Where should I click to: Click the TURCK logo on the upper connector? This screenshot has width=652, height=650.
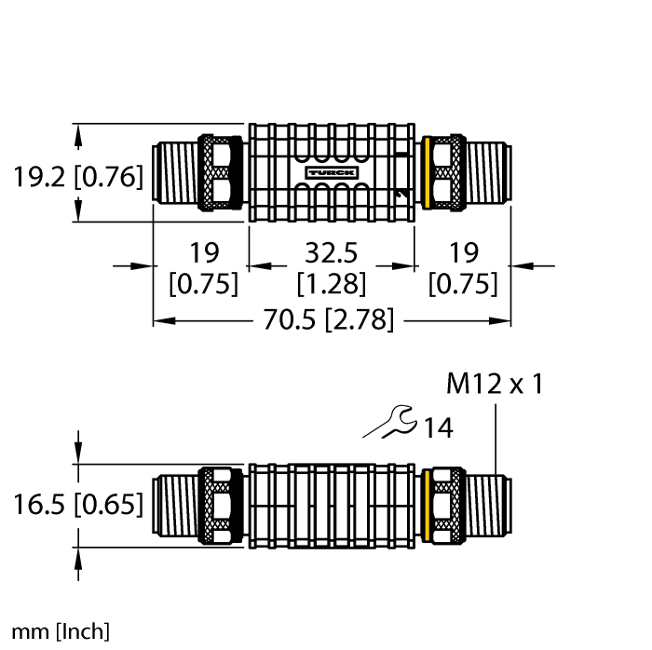point(331,173)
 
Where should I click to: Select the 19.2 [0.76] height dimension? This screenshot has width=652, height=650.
point(78,176)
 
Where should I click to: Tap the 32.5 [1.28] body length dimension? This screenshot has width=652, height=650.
point(331,267)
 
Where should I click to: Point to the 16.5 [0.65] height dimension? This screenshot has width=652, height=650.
point(78,505)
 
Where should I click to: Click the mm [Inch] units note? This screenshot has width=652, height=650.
point(55,631)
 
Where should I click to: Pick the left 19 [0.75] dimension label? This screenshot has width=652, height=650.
point(202,267)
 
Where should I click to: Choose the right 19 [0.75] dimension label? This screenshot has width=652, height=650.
point(463,267)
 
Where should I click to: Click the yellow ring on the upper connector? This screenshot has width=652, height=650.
point(428,172)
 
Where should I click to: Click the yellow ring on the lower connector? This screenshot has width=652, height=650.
point(428,505)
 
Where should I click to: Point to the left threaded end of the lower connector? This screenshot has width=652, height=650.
point(177,505)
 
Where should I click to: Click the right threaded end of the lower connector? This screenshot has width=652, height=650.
point(488,505)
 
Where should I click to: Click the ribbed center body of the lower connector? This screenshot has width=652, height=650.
point(331,505)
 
